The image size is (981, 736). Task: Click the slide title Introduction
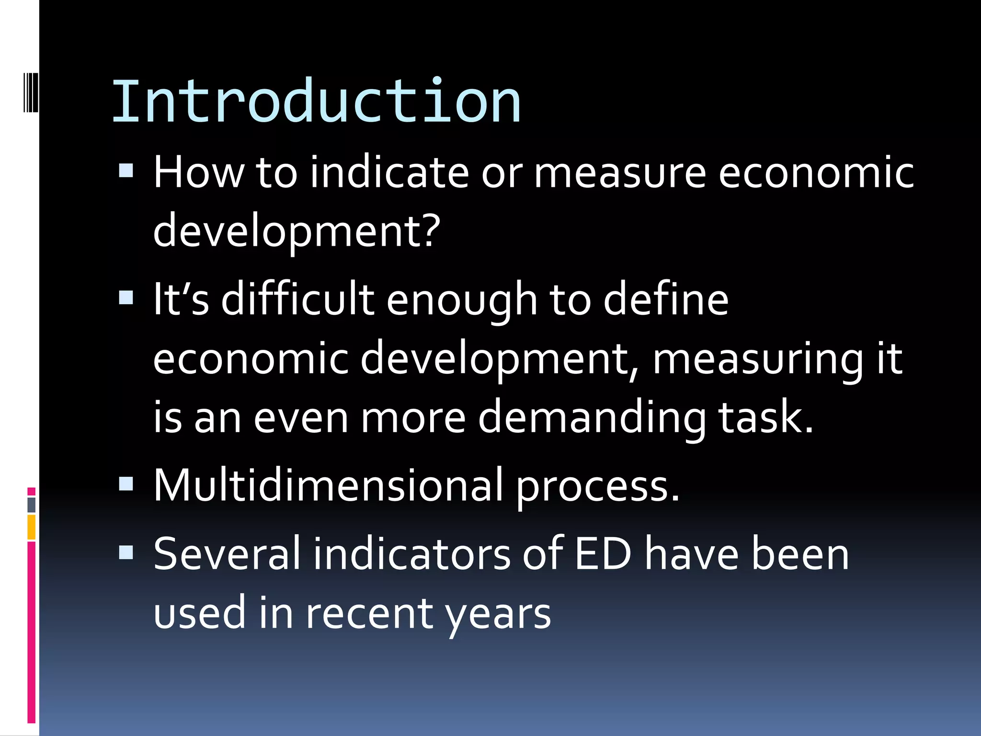pyautogui.click(x=316, y=102)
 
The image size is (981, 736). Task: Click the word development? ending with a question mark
pyautogui.click(x=297, y=231)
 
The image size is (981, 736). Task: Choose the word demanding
pyautogui.click(x=592, y=417)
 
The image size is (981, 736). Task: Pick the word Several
pyautogui.click(x=227, y=554)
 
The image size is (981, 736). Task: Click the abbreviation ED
pyautogui.click(x=603, y=554)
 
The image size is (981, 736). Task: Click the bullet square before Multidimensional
pyautogui.click(x=126, y=483)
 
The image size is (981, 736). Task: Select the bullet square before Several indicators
pyautogui.click(x=126, y=553)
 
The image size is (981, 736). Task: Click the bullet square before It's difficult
pyautogui.click(x=126, y=298)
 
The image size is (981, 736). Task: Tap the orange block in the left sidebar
pyautogui.click(x=32, y=527)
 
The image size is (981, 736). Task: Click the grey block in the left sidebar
pyautogui.click(x=32, y=505)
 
